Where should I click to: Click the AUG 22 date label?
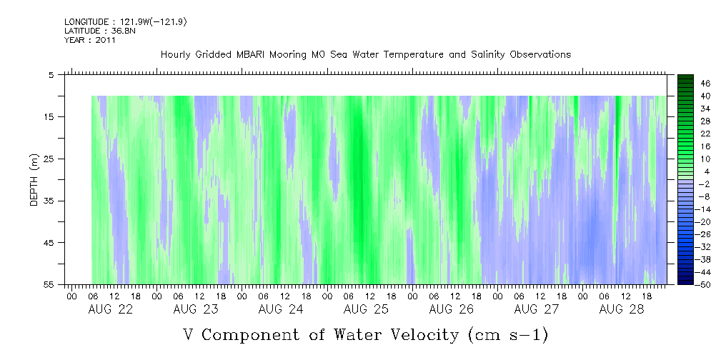click(111, 309)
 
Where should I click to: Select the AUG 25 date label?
click(366, 309)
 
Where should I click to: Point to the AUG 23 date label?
click(196, 309)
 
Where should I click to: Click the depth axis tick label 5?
click(51, 74)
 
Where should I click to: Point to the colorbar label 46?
click(685, 83)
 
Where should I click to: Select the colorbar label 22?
click(685, 134)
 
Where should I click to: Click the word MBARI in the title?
click(263, 55)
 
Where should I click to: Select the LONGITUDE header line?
click(125, 22)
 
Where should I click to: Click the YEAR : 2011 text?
click(89, 40)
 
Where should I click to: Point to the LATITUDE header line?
click(99, 31)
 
